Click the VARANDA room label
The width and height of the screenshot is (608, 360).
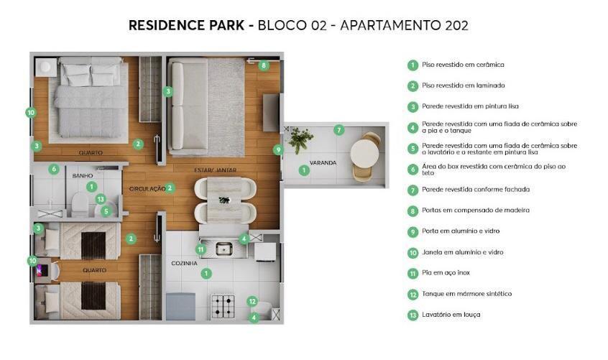pos(323,163)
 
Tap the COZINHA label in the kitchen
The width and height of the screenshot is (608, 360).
pos(184,263)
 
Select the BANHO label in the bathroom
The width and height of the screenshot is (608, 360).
pos(82,175)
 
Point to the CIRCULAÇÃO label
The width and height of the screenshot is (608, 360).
pos(147,189)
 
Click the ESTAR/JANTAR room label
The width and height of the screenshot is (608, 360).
pos(215,170)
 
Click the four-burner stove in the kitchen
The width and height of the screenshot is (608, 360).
pos(223,306)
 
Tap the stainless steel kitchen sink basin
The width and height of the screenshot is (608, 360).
pos(224,249)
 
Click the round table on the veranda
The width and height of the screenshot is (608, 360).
pos(364,153)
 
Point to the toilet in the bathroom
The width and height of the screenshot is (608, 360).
pos(80,204)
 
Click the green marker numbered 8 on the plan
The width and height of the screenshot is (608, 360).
pos(264,65)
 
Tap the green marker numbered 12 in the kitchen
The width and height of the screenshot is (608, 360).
pos(252,301)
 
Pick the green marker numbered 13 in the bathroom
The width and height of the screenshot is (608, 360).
pos(101,199)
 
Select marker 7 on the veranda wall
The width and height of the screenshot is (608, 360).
pos(339,130)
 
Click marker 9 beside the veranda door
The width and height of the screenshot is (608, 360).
pos(278,149)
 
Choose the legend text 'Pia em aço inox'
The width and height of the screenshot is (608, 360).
pos(446,273)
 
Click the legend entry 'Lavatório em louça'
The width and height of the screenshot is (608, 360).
pos(451,315)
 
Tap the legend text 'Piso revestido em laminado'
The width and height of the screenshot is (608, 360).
pos(464,86)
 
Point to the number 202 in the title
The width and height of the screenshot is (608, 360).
pos(457,25)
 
